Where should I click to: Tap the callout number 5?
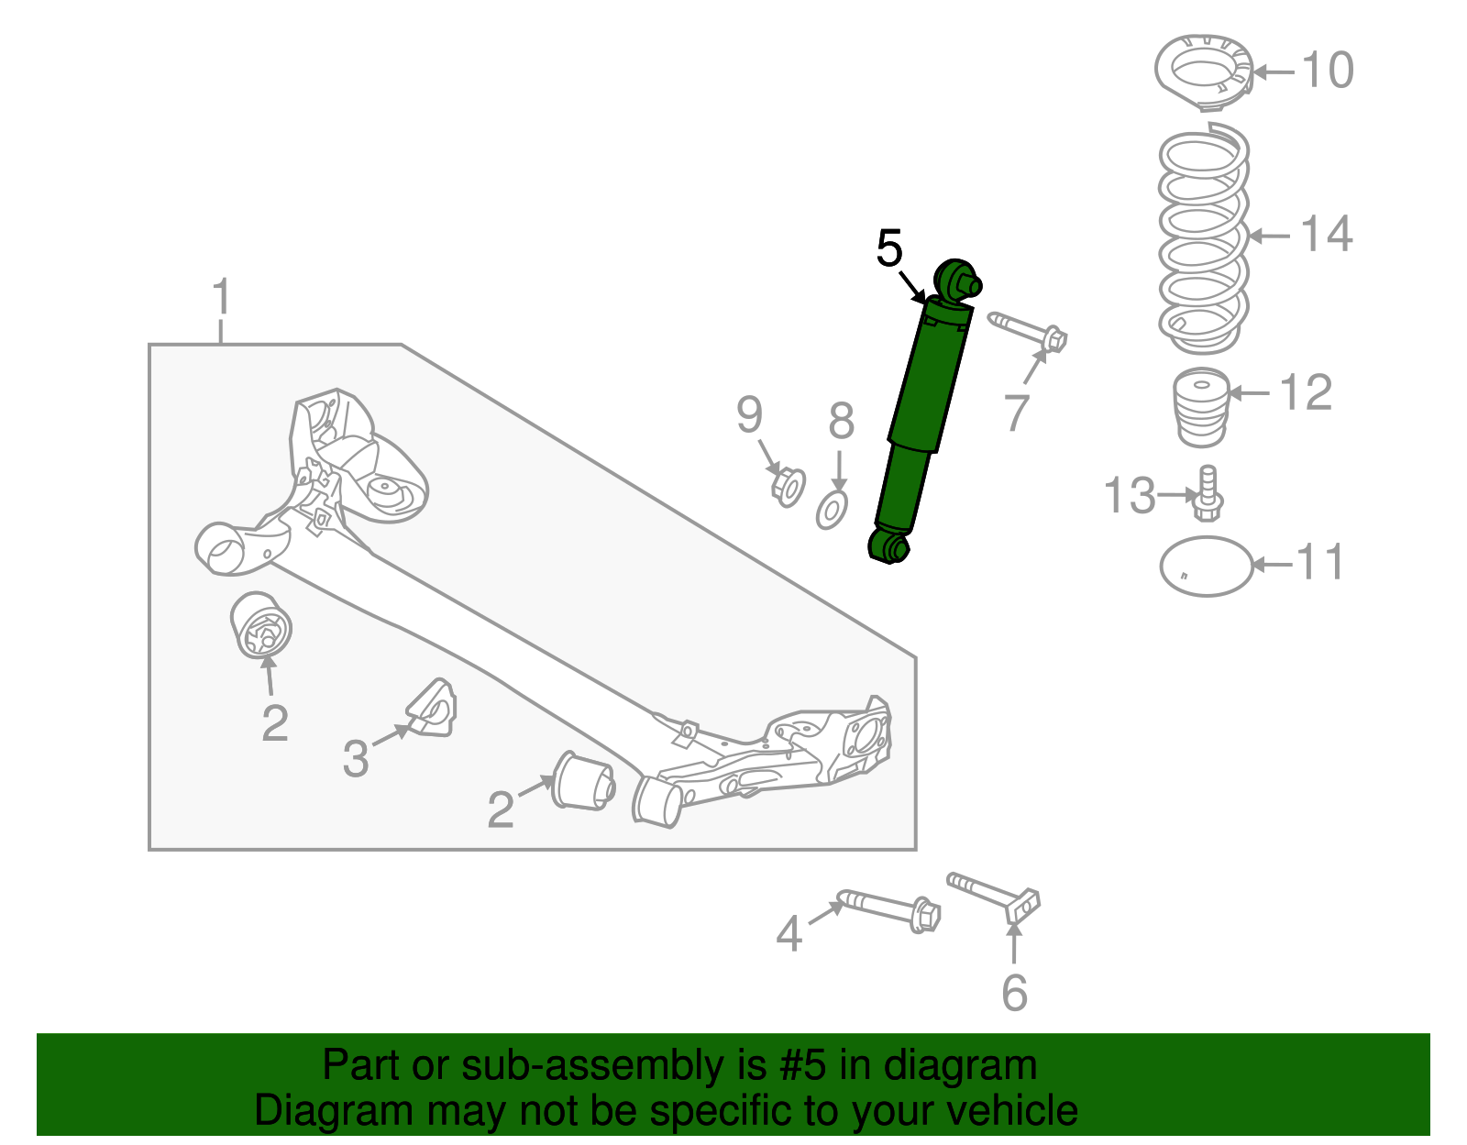(889, 248)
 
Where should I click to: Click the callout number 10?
(1327, 71)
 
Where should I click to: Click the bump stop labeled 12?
(1201, 407)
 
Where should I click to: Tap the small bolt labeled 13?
(1208, 494)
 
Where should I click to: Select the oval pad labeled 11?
(1206, 567)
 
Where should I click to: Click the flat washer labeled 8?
(832, 510)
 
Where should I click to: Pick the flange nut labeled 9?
(788, 486)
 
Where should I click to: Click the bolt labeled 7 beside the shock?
(1027, 331)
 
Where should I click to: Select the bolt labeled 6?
(995, 897)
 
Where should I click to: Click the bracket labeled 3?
(433, 708)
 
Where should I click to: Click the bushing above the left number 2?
(260, 626)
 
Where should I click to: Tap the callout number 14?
(1327, 235)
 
